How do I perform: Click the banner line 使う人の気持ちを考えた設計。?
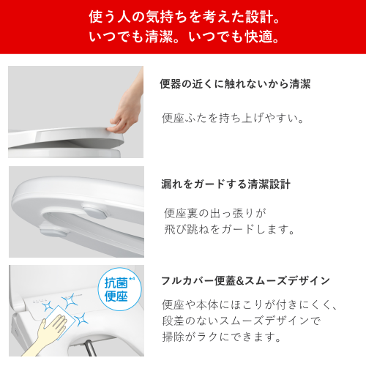[x=184, y=17]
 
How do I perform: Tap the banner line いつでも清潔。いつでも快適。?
[x=184, y=37]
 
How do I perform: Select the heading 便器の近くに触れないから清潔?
[x=235, y=84]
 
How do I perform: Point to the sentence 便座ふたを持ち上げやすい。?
[x=233, y=118]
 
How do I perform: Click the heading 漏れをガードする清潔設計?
[x=225, y=184]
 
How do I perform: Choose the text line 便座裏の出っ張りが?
[x=215, y=213]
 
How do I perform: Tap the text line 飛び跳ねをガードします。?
[x=229, y=229]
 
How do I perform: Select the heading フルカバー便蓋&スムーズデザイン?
[x=245, y=281]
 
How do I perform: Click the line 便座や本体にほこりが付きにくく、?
[x=250, y=305]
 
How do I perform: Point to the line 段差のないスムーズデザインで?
[x=241, y=321]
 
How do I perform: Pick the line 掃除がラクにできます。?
[x=222, y=337]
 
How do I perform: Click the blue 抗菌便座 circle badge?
[x=119, y=289]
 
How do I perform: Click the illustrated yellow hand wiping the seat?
[x=46, y=335]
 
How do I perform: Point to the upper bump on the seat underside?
[x=96, y=211]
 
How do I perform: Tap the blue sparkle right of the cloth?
[x=81, y=319]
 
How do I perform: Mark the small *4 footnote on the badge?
[x=132, y=278]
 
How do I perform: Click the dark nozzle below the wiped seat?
[x=90, y=348]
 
